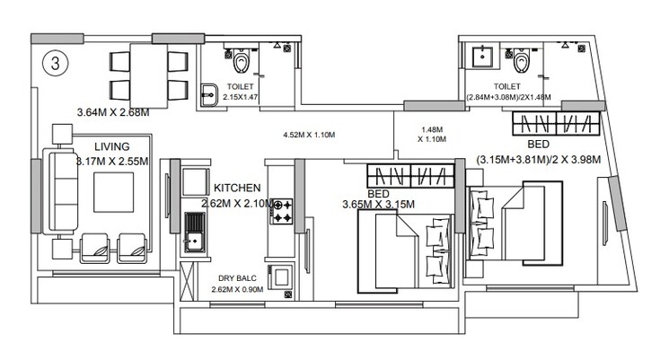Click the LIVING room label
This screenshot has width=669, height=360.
coord(112,146)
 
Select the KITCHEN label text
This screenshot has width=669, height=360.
coord(237,189)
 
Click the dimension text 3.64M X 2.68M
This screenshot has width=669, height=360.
coord(111,113)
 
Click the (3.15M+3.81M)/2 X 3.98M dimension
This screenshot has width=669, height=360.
coord(538,160)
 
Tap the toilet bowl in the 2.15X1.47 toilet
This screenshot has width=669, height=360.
coord(240,63)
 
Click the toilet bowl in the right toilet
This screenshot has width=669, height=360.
coord(520,62)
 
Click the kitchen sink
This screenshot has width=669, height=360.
coord(192,232)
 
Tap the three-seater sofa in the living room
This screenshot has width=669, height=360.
coord(63,190)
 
